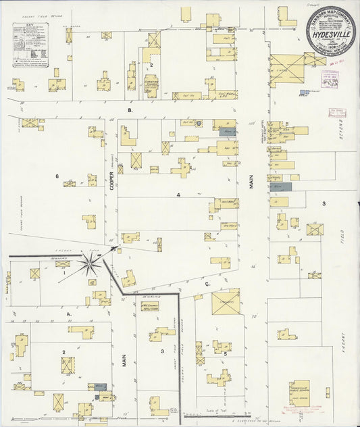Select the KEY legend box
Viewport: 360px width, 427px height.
(32, 45)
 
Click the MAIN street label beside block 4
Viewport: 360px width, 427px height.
(251, 179)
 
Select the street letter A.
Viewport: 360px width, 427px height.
(68, 313)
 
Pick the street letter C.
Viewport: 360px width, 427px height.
(207, 284)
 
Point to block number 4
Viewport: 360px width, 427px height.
(178, 195)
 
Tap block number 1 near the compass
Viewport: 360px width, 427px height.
(83, 273)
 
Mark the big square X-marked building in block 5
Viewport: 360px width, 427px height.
(226, 303)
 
